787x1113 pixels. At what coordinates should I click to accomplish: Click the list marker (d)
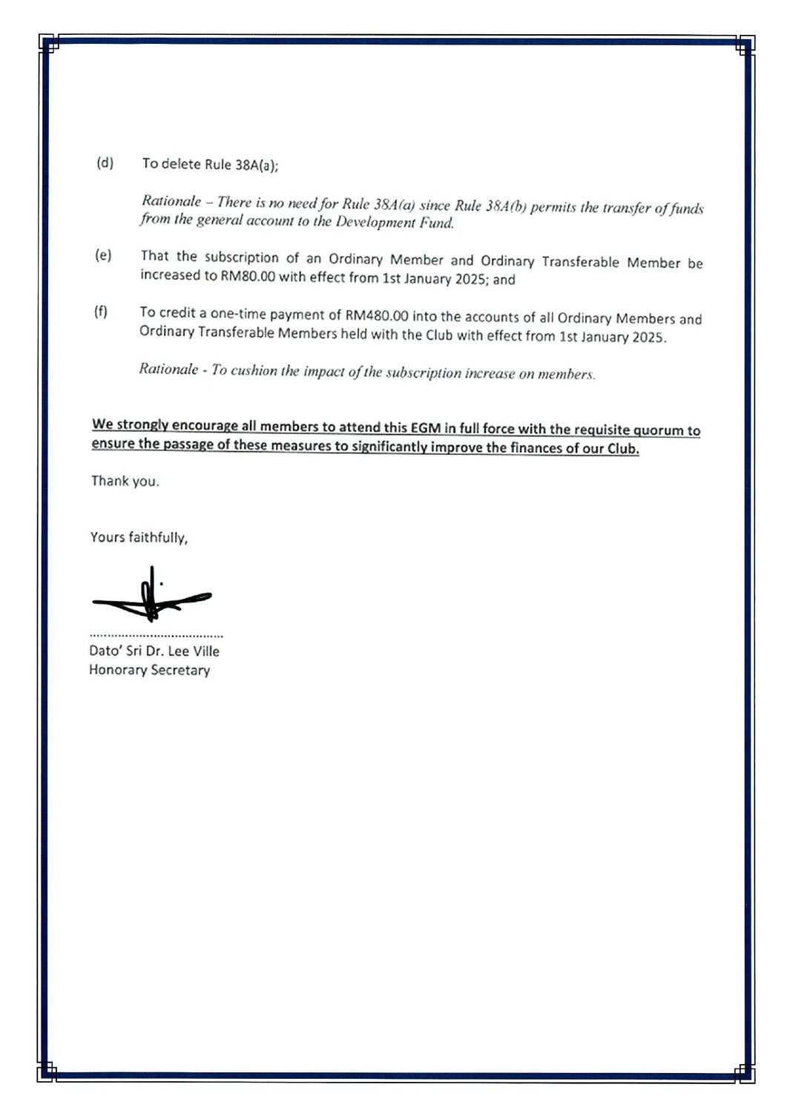point(105,162)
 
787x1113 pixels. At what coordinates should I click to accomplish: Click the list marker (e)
point(103,255)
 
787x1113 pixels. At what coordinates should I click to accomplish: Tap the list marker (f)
point(101,312)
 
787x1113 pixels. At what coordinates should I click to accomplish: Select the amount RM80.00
point(248,276)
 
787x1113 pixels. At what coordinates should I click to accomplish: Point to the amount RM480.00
point(377,315)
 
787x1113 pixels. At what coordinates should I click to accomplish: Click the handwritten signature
point(151,597)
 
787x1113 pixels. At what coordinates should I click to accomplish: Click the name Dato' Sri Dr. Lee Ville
point(154,651)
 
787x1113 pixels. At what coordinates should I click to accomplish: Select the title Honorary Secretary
point(149,669)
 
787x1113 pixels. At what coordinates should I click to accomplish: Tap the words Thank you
point(125,481)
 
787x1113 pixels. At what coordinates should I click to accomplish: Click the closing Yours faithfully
point(139,536)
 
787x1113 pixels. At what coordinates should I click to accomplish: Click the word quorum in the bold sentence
point(658,430)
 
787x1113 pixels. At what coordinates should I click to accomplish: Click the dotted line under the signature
point(156,636)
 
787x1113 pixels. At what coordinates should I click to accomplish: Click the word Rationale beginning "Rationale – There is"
point(171,200)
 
